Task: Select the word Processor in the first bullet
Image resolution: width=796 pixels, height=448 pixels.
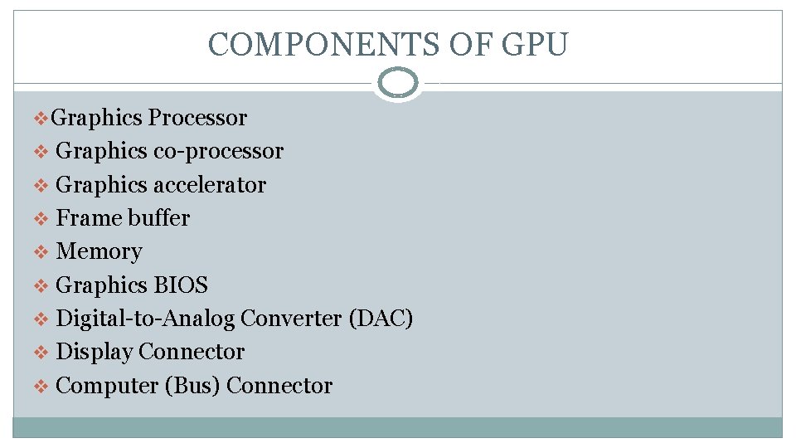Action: (x=197, y=118)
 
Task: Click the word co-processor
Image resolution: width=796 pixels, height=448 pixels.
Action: (x=218, y=151)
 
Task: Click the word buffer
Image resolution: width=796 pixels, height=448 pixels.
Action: (x=158, y=218)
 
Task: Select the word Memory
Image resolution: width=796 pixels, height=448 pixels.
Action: (x=99, y=251)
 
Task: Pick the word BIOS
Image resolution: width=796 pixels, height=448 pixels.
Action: (x=181, y=285)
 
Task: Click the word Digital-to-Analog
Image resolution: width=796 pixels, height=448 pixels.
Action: (x=145, y=319)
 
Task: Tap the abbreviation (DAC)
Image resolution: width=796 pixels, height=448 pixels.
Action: (x=382, y=319)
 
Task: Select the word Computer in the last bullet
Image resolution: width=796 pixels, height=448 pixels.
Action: (x=108, y=386)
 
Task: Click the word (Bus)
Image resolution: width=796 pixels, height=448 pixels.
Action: (x=194, y=386)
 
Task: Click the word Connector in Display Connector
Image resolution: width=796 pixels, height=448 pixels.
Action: (x=192, y=352)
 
